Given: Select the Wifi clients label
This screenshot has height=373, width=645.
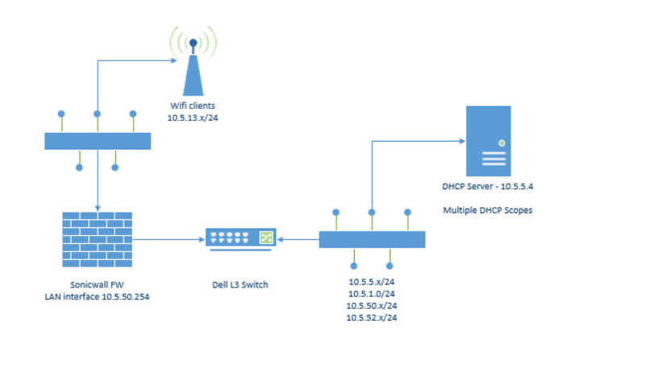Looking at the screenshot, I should pos(193,105).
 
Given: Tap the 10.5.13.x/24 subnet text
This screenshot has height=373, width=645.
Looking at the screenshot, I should pos(193,118).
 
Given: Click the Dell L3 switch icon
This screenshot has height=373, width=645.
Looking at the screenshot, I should pos(240,238).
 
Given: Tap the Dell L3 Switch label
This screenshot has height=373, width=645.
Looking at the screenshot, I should pos(241,285).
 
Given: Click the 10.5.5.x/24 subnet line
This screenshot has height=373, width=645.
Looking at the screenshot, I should pos(372,282).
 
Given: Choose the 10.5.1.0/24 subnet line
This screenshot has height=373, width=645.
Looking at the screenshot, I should pos(372,294).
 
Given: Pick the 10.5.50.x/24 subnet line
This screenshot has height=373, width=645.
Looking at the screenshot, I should pos(372,305).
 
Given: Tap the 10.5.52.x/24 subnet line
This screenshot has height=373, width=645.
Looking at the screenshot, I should pos(372,317).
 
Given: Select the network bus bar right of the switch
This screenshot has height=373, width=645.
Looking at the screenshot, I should pos(372,239).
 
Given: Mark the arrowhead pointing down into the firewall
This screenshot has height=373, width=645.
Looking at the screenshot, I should pos(98,206).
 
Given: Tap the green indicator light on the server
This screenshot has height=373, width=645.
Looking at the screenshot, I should pos(501,143).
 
